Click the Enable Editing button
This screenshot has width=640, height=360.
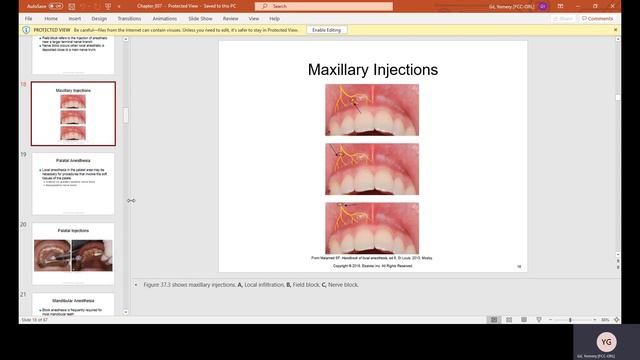(326, 30)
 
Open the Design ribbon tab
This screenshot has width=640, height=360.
(99, 18)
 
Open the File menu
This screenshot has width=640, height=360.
(27, 18)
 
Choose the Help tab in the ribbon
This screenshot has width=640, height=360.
(274, 18)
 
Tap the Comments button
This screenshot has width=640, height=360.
(599, 18)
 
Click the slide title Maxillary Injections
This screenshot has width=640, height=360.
(372, 70)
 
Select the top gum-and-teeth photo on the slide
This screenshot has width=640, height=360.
(372, 109)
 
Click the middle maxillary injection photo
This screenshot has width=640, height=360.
(372, 168)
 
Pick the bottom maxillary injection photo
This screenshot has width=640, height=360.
(372, 227)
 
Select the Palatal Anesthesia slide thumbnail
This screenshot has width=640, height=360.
(73, 183)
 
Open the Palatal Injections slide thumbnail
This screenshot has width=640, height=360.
(73, 253)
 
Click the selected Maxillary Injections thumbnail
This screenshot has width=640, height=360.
(73, 113)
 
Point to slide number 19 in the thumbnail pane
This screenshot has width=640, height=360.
(23, 155)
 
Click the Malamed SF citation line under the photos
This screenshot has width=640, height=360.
(372, 258)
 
